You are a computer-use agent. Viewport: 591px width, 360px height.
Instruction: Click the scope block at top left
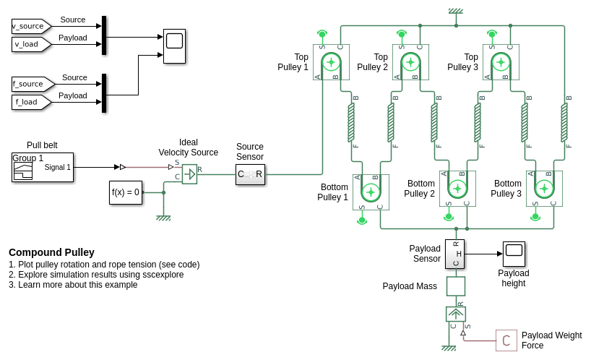pyautogui.click(x=174, y=46)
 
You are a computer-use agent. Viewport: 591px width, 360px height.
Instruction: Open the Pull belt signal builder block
pyautogui.click(x=43, y=167)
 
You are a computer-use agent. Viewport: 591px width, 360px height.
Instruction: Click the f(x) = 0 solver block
pyautogui.click(x=125, y=192)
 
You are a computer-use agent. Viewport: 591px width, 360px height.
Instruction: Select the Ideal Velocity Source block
pyautogui.click(x=189, y=173)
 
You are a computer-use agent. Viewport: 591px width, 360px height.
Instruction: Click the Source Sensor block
pyautogui.click(x=250, y=174)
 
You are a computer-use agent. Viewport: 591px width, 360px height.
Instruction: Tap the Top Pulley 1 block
pyautogui.click(x=331, y=62)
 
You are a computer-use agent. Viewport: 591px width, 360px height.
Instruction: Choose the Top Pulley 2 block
pyautogui.click(x=410, y=62)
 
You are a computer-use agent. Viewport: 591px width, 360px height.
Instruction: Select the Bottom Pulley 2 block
pyautogui.click(x=457, y=189)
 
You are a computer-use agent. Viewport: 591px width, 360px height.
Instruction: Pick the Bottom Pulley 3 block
pyautogui.click(x=544, y=189)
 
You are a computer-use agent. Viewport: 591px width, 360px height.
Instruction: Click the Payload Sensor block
pyautogui.click(x=454, y=254)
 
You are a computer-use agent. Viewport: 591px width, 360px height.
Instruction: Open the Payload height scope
pyautogui.click(x=514, y=254)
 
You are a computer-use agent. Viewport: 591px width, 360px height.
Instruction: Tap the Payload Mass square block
pyautogui.click(x=455, y=286)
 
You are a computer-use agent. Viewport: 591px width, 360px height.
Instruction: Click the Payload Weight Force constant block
pyautogui.click(x=506, y=340)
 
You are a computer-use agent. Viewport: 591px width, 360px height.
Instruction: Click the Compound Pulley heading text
pyautogui.click(x=51, y=252)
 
